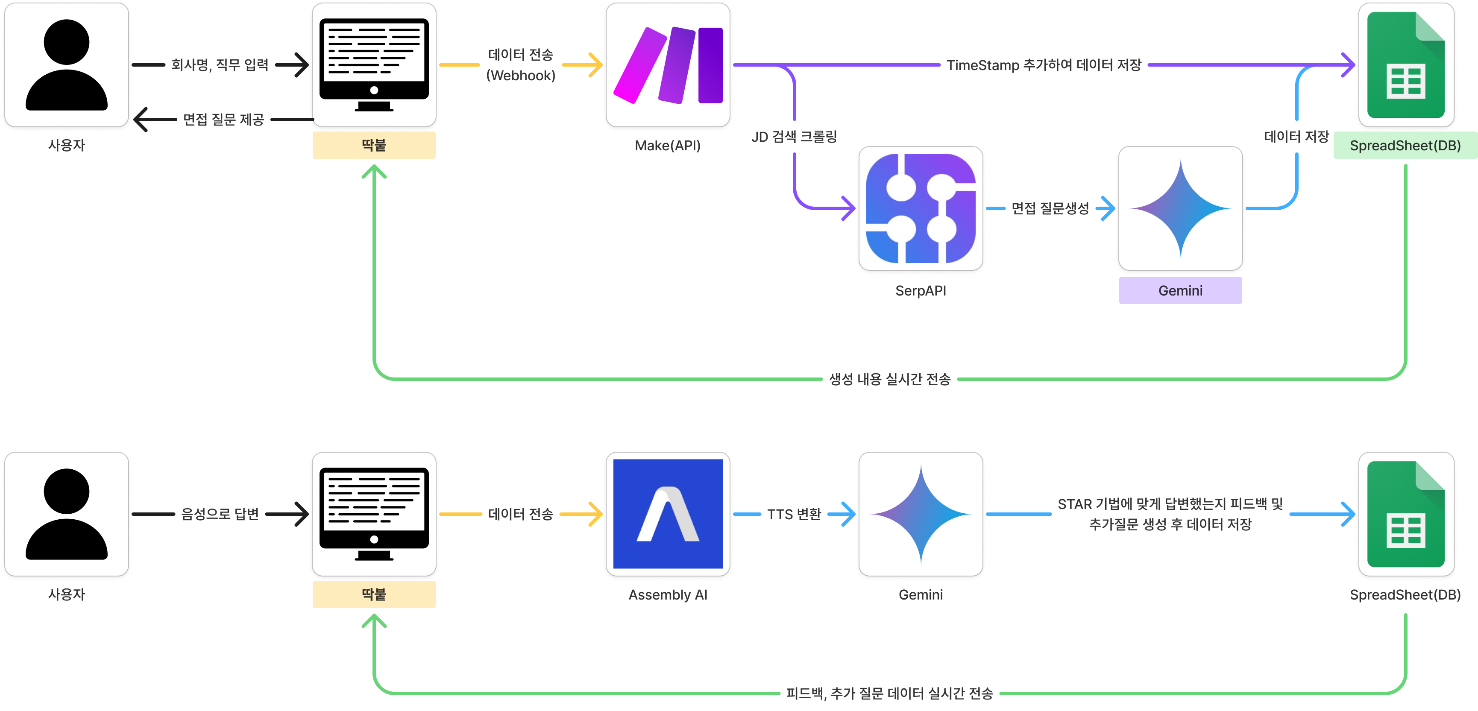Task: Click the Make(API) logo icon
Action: tap(668, 65)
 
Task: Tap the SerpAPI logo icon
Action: tap(921, 208)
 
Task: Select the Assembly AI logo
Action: tap(668, 514)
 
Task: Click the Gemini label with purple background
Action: tap(1180, 291)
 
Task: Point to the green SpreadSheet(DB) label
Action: tap(1405, 146)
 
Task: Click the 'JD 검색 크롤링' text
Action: tap(794, 137)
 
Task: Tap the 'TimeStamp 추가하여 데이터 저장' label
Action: tap(1044, 65)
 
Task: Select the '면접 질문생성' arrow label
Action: tap(1050, 208)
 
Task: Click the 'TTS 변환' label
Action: tap(794, 514)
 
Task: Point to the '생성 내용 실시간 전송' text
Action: tap(889, 379)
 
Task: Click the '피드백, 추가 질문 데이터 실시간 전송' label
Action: tap(889, 693)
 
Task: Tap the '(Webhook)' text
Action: tap(520, 75)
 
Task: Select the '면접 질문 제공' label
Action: tap(223, 119)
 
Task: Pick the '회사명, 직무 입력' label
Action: tap(220, 65)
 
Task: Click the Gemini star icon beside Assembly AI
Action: tap(921, 514)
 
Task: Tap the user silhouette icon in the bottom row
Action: tap(67, 514)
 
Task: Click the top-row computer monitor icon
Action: tap(374, 65)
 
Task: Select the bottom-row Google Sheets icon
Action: tap(1406, 514)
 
